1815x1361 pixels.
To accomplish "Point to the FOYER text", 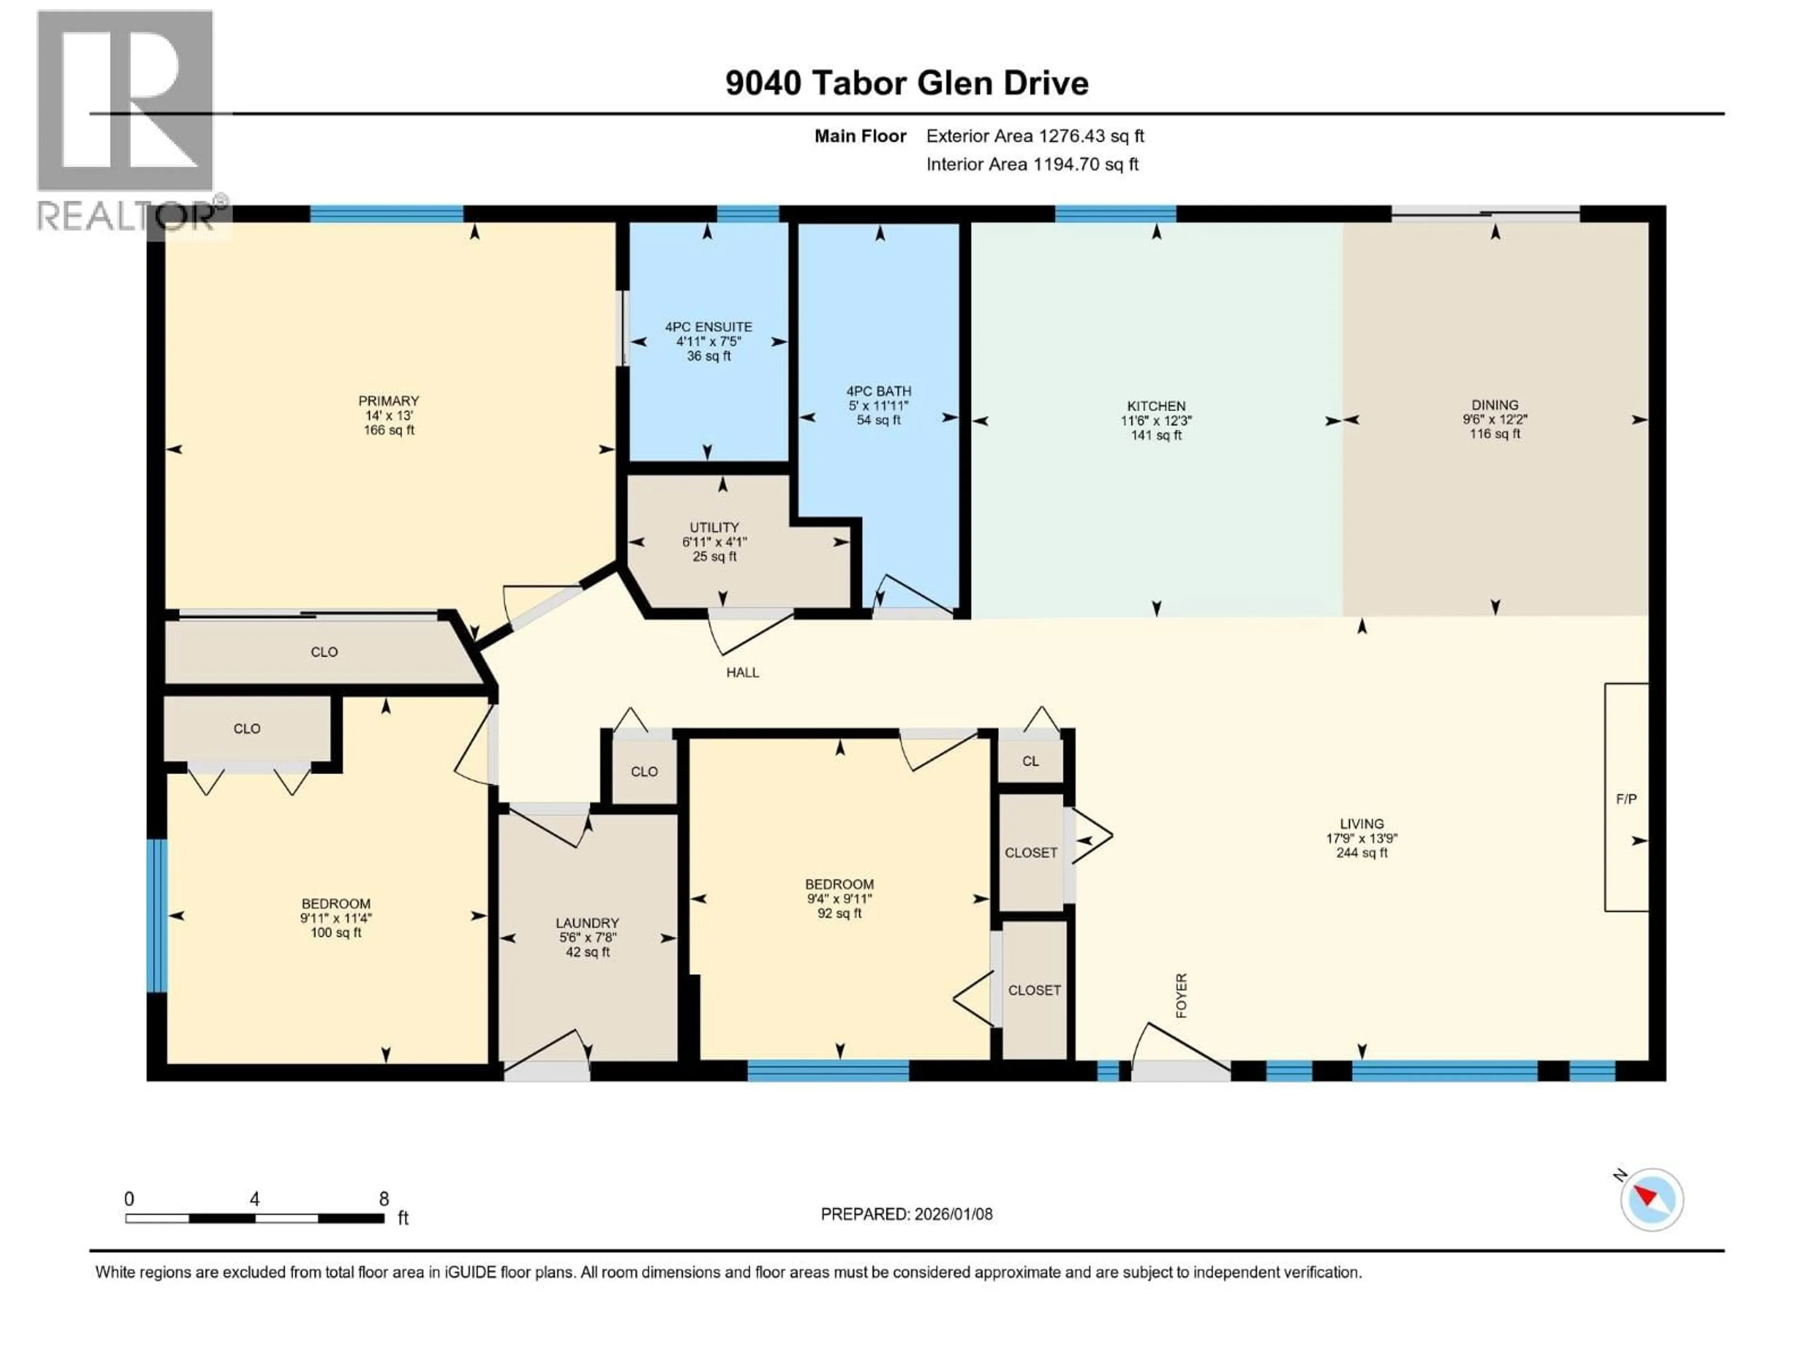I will point(1182,995).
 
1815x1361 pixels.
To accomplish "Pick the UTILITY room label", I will point(714,527).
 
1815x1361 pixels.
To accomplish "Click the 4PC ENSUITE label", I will point(708,327).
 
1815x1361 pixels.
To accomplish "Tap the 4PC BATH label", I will point(879,391).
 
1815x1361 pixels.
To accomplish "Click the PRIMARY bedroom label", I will point(388,400).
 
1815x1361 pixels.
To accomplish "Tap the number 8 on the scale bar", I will point(383,1198).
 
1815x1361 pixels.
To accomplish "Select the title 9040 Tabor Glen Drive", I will point(906,83).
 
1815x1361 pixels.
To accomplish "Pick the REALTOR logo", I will point(127,123).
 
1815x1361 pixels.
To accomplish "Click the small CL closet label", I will point(1030,760).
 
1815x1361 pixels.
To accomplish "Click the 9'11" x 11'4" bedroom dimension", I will point(336,918).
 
